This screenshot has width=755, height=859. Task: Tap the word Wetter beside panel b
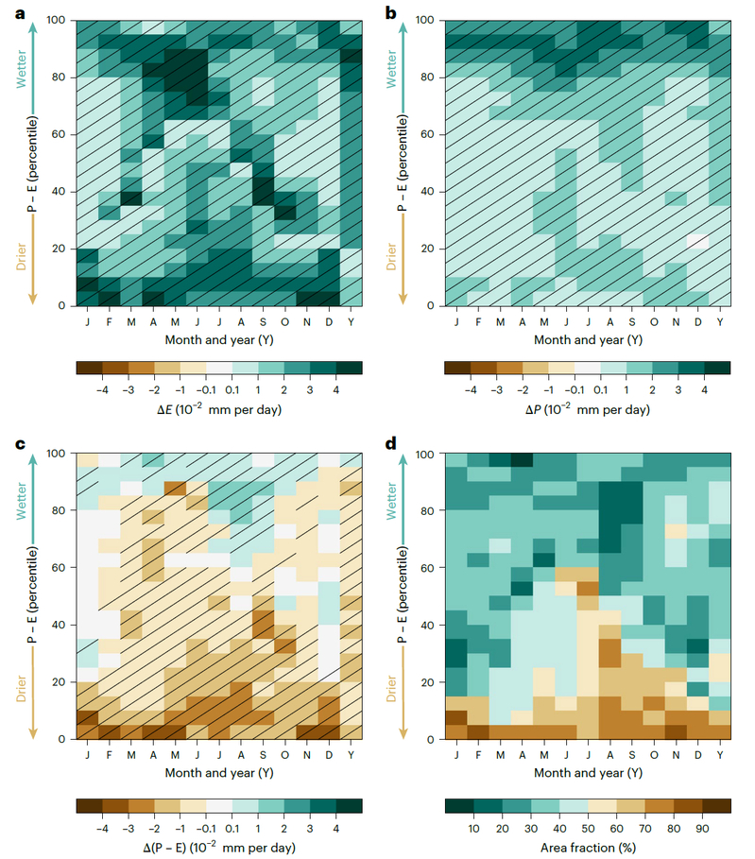(x=392, y=69)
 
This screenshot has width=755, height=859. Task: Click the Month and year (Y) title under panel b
(x=589, y=339)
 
